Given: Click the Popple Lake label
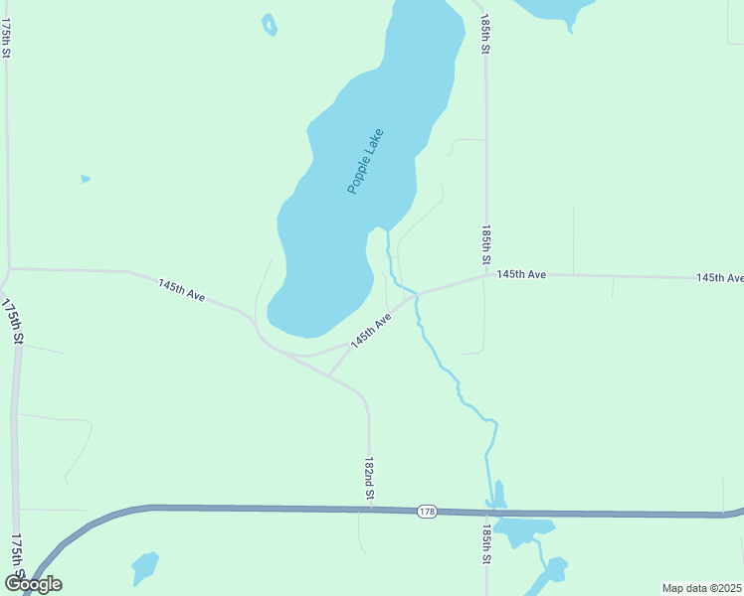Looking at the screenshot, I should pos(365,161).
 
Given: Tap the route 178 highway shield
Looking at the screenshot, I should pos(427,511).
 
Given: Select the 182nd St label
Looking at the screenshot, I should pos(369,479).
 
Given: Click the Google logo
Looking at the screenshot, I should pos(33,583).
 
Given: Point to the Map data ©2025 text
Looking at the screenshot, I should pos(702,588).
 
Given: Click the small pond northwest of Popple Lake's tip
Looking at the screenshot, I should pos(269,24).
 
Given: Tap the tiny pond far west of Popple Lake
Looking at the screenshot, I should pos(86,179).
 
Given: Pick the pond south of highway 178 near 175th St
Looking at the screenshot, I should pos(145,567).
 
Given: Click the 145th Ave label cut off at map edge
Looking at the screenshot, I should pos(720,278).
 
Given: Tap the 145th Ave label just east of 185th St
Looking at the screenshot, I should pos(522,273).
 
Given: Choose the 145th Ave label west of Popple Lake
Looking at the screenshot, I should pos(181,290).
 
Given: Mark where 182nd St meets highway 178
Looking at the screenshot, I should pos(369,510).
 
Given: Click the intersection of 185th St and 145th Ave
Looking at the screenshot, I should pos(486,276).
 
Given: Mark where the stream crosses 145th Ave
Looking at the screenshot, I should pos(416,295).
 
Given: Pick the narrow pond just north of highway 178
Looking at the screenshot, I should pos(499,494).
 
